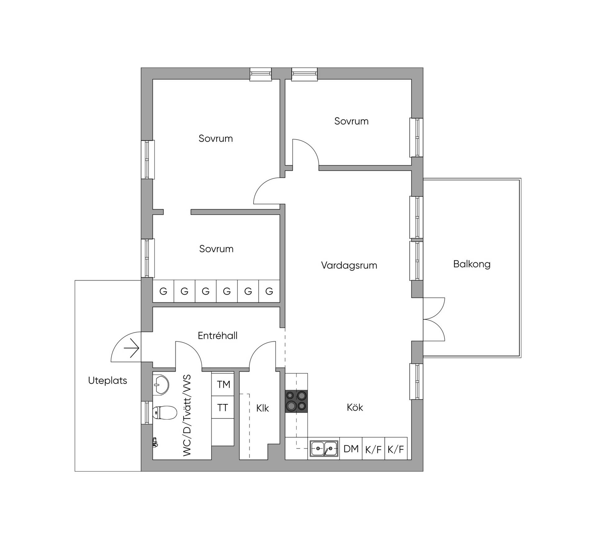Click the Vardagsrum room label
(349, 265)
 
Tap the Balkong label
(472, 264)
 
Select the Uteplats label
(108, 380)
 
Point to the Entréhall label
(218, 335)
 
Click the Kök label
(355, 407)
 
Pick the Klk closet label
(263, 408)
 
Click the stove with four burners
(296, 401)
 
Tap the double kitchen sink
(324, 448)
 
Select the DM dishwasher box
(351, 448)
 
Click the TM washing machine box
(223, 384)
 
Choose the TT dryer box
(223, 407)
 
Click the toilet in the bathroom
(165, 413)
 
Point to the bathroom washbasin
(161, 385)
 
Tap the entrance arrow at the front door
(131, 348)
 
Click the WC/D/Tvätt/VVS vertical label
(187, 415)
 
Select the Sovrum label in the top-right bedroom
(351, 121)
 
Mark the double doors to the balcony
(434, 320)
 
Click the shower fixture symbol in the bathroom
(155, 442)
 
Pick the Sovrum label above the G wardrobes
(216, 249)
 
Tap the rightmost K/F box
(396, 449)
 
